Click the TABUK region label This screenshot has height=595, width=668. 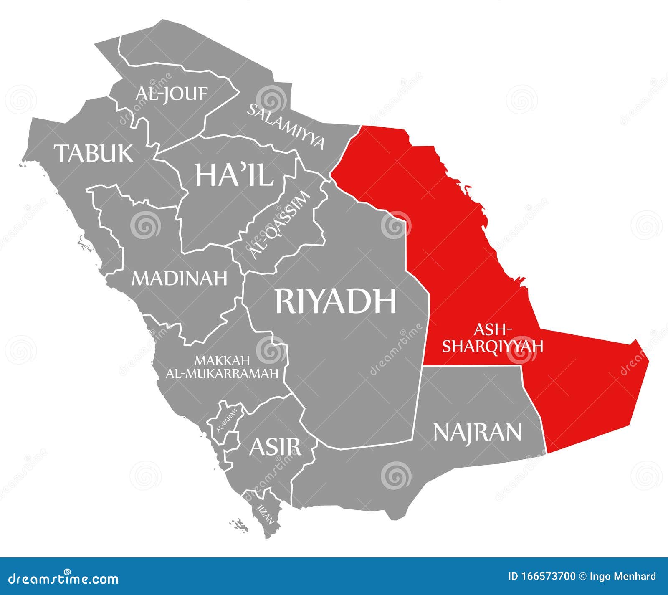(94, 153)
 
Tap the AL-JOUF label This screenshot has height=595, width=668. (171, 94)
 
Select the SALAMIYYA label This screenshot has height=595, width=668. (286, 125)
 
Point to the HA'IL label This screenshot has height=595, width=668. (234, 175)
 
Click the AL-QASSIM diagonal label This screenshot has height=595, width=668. (280, 225)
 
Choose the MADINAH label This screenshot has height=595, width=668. (180, 278)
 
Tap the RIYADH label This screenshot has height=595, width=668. (335, 301)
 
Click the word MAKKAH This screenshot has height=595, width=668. (222, 360)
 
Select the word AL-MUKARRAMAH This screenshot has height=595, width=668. (222, 373)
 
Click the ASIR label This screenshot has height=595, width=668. (275, 447)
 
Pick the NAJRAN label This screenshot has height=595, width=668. (477, 432)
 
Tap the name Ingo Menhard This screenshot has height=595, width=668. (623, 577)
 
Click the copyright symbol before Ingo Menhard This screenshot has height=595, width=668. (583, 577)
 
